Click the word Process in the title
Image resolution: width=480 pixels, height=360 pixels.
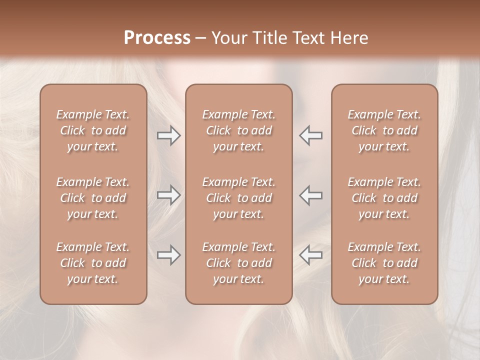157,38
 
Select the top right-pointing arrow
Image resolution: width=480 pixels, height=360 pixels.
168,135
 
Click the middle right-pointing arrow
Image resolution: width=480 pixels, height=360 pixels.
168,195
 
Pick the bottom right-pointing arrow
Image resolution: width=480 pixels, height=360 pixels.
168,255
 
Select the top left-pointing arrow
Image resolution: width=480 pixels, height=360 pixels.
311,135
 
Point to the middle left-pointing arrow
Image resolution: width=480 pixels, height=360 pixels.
311,195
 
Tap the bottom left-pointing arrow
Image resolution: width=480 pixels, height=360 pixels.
311,255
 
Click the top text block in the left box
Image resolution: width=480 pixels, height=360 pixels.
93,130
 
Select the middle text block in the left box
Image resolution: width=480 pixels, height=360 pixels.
93,198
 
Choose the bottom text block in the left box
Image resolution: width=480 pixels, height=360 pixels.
93,263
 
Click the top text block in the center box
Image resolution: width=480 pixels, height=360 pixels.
239,130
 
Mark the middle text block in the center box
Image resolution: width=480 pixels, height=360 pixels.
239,198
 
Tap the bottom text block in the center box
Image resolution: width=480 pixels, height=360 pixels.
239,263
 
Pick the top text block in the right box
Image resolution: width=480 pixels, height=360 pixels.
384,130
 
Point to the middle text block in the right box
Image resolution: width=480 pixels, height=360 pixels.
384,198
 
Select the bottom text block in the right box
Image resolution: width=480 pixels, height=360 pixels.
384,263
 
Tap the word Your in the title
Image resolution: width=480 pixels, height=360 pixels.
228,38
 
